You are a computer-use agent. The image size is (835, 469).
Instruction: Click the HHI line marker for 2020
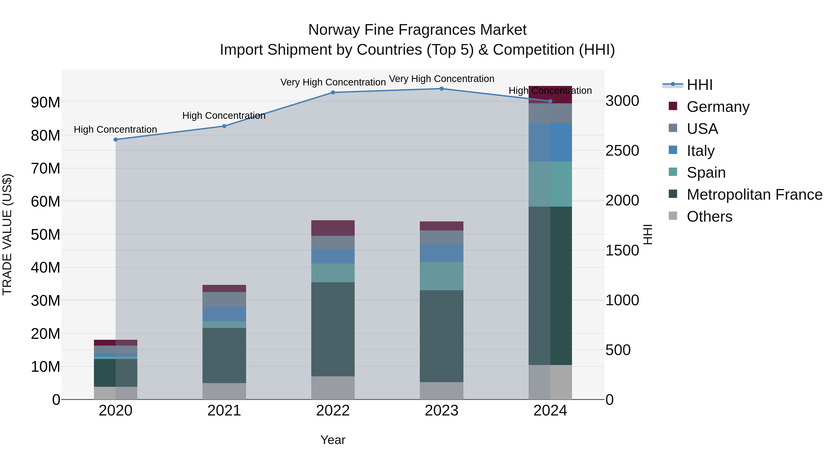tap(116, 139)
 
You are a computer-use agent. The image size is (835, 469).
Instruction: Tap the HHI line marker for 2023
tap(441, 89)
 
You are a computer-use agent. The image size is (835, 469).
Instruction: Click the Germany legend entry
tap(718, 107)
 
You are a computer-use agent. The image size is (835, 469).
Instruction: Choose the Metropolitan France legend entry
tap(754, 195)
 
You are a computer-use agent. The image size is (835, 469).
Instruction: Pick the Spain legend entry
tap(706, 173)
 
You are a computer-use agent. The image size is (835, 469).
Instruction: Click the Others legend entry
tap(709, 217)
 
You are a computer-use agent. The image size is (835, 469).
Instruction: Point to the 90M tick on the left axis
tap(45, 102)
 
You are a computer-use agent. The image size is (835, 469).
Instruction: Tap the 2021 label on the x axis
tap(224, 411)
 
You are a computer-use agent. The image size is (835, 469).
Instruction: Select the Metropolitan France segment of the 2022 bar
tap(333, 329)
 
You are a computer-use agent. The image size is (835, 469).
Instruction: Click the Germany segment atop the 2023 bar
tap(441, 226)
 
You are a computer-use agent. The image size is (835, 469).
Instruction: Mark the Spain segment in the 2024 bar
tap(550, 184)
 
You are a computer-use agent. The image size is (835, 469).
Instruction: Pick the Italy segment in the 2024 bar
tap(550, 142)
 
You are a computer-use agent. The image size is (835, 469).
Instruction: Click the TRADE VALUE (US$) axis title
tap(7, 234)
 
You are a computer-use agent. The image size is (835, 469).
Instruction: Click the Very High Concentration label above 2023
tap(441, 79)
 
